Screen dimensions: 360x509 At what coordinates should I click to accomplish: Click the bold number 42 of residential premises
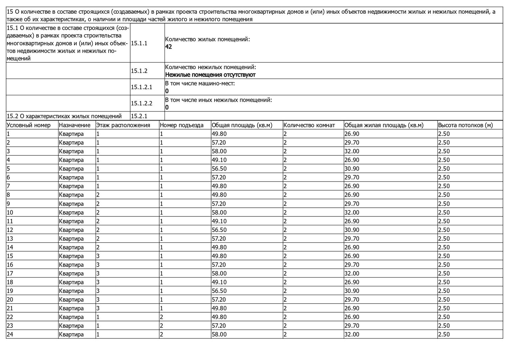coord(169,47)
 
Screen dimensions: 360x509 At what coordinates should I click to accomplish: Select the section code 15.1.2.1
coord(141,87)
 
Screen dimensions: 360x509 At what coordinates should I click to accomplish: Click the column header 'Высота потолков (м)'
coord(465,125)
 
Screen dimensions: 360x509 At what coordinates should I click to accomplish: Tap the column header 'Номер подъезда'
coord(182,125)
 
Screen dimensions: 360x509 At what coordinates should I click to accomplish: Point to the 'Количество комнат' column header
coord(309,125)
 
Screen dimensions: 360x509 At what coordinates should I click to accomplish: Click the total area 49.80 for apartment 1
coord(219,134)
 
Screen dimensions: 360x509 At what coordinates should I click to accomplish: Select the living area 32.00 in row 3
coord(351,151)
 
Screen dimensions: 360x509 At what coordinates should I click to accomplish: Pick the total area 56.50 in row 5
coord(219,169)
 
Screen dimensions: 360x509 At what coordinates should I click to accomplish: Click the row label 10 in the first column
coord(10,212)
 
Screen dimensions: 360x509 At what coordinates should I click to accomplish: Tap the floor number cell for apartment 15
coord(98,256)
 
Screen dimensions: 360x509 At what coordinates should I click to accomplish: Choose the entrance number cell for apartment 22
coord(162,317)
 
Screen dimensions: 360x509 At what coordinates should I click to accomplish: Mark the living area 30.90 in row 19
coord(351,291)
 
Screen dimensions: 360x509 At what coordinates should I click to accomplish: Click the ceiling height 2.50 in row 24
coord(444,334)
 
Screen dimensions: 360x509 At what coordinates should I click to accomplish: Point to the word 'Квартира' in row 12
coord(71,230)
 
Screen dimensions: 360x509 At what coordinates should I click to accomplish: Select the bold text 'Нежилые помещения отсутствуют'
coord(210,75)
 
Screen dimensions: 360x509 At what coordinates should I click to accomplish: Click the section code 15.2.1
coord(139,116)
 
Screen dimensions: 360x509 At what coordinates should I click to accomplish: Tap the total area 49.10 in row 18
coord(219,282)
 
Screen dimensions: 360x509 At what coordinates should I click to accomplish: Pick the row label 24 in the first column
coord(10,334)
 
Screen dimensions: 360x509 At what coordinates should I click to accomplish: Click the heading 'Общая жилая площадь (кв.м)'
coord(384,125)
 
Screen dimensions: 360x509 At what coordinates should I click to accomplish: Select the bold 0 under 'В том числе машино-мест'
coord(167,91)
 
